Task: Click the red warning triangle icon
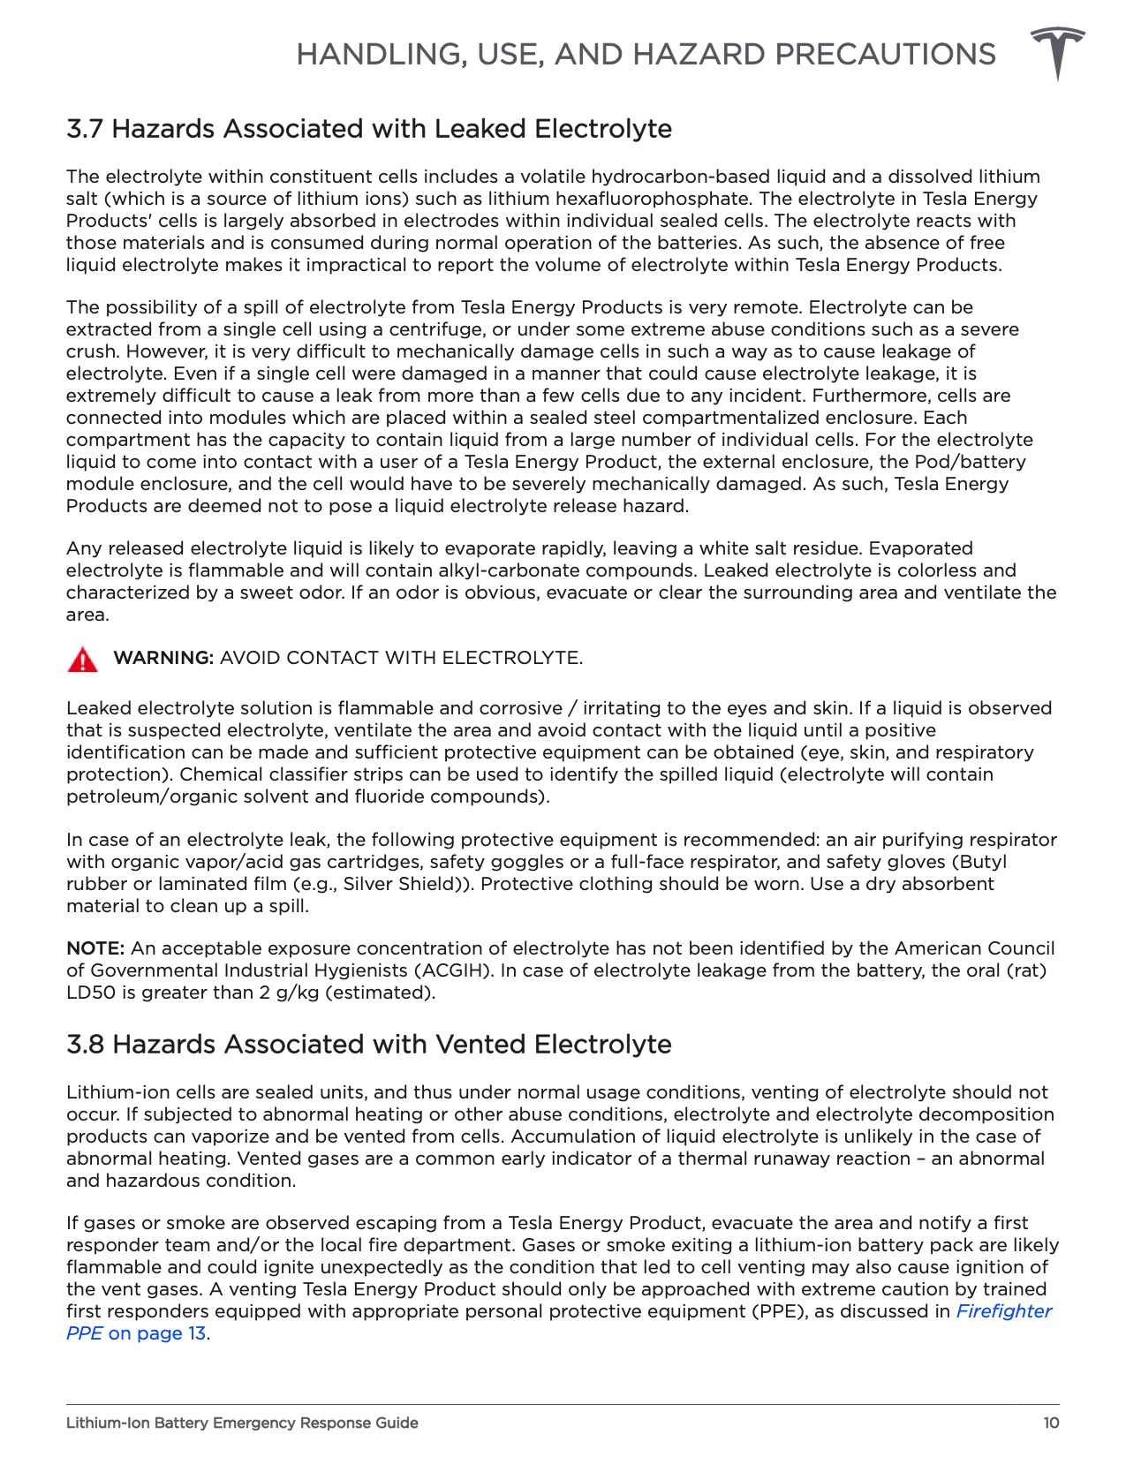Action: (82, 660)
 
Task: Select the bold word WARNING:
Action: (163, 658)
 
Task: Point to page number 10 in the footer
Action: (1050, 1423)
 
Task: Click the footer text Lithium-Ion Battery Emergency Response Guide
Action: (242, 1423)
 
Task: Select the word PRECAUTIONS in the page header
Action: (885, 55)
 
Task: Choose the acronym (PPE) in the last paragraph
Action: (779, 1311)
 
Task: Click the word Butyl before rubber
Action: (980, 862)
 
